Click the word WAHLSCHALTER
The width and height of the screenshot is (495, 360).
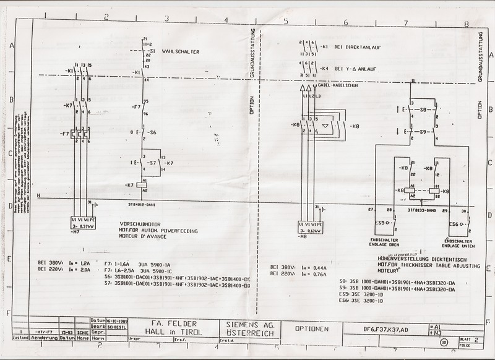point(180,52)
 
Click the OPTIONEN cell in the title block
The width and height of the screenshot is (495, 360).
point(312,328)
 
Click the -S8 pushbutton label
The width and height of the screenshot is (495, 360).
point(425,110)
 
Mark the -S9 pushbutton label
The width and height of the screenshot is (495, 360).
point(425,132)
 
